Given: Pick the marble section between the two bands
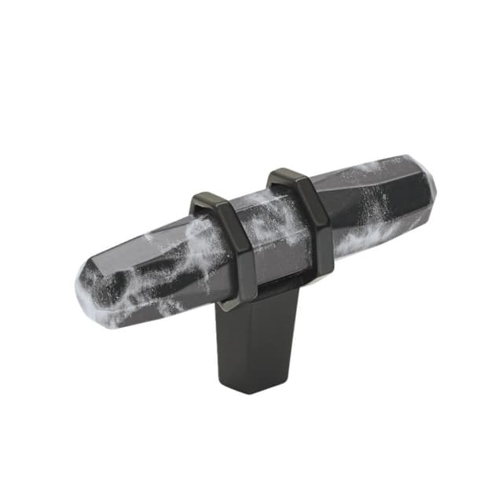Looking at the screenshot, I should (275, 236).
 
